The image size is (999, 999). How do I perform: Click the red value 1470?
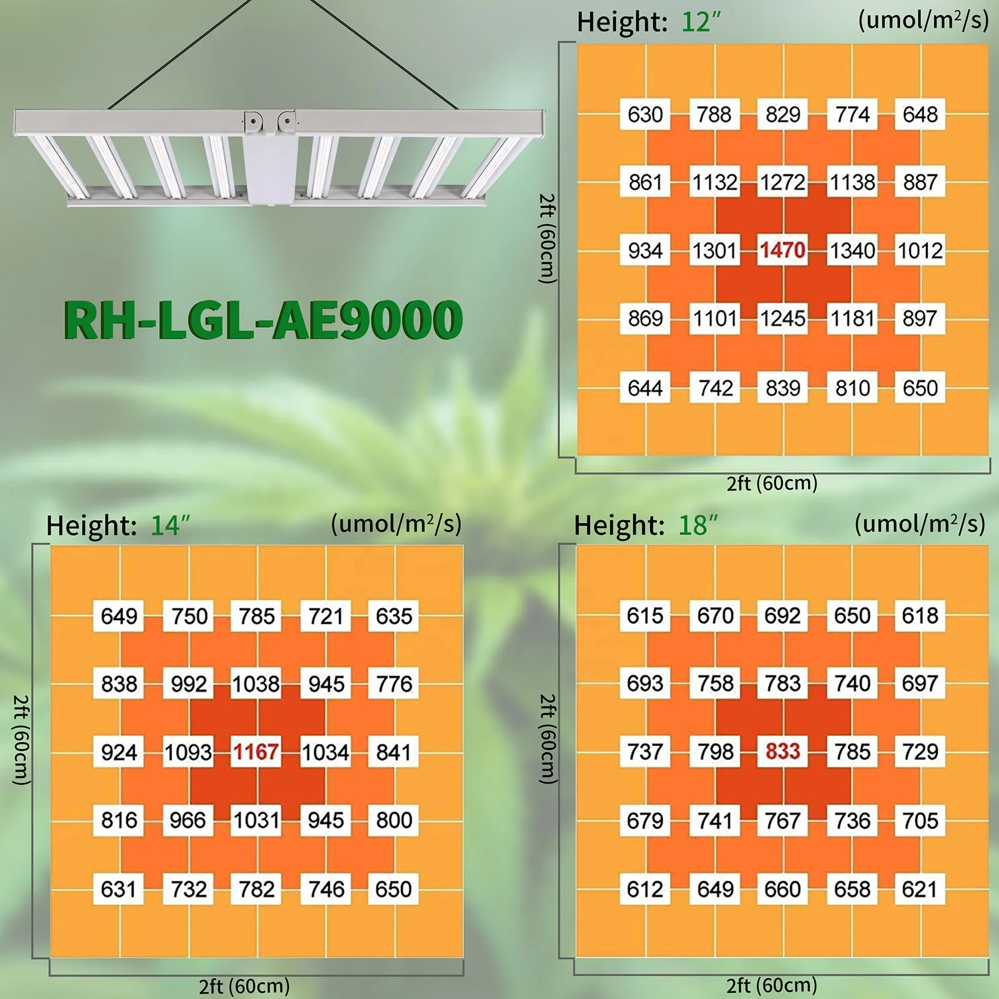pos(782,250)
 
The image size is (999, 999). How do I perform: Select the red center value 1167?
pos(256,752)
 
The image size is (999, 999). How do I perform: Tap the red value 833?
pos(782,751)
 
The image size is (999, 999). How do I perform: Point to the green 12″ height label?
pos(701,22)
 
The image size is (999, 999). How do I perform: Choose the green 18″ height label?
pos(698,526)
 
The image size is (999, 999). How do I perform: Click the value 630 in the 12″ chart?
pos(645,114)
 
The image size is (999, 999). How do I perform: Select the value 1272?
pos(782,182)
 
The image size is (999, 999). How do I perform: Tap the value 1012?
pos(920,250)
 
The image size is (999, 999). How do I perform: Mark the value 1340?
pos(852,250)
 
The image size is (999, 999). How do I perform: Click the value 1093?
pos(187,752)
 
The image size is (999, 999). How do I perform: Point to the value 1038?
pos(256,684)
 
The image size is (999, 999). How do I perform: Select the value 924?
pos(119,752)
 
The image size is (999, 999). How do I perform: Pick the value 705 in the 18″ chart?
pos(920,820)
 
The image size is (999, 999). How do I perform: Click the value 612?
pos(645,888)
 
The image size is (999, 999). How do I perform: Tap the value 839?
pos(782,388)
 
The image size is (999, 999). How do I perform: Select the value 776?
pos(394,684)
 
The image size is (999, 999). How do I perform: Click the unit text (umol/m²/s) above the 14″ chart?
pos(396,523)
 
